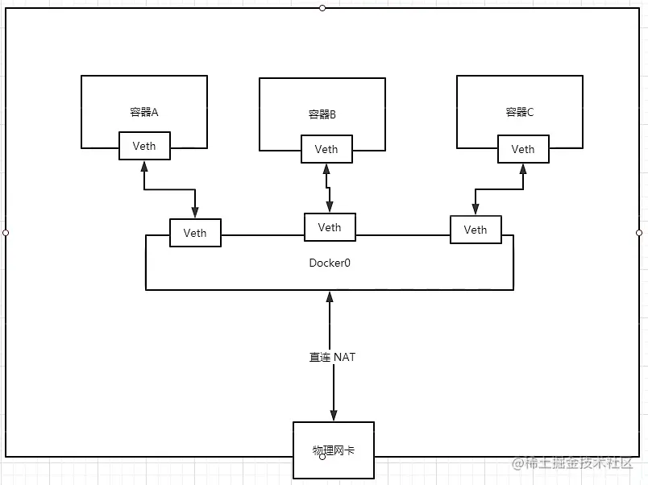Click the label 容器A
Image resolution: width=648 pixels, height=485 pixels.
143,112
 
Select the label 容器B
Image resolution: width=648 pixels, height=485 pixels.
322,114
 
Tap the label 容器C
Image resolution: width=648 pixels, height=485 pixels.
519,112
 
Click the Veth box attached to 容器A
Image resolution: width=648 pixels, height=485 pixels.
144,146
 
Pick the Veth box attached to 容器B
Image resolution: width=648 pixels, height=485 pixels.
326,149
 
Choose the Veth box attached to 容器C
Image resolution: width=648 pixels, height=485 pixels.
523,149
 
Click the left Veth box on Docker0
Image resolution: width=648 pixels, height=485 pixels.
195,233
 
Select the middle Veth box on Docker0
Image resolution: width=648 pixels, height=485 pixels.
329,227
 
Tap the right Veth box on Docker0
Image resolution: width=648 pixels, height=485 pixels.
476,230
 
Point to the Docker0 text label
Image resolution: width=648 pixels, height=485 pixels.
330,263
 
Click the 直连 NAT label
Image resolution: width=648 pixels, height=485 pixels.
332,356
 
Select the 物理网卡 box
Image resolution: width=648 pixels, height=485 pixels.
333,449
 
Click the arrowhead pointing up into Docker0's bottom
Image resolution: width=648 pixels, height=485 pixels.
329,296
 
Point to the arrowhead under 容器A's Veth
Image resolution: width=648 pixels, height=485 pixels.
144,166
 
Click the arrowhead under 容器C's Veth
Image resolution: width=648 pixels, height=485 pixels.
523,168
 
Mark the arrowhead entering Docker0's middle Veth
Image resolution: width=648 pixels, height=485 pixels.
329,208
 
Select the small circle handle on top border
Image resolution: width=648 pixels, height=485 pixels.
322,7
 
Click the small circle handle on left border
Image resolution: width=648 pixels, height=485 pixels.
6,233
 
